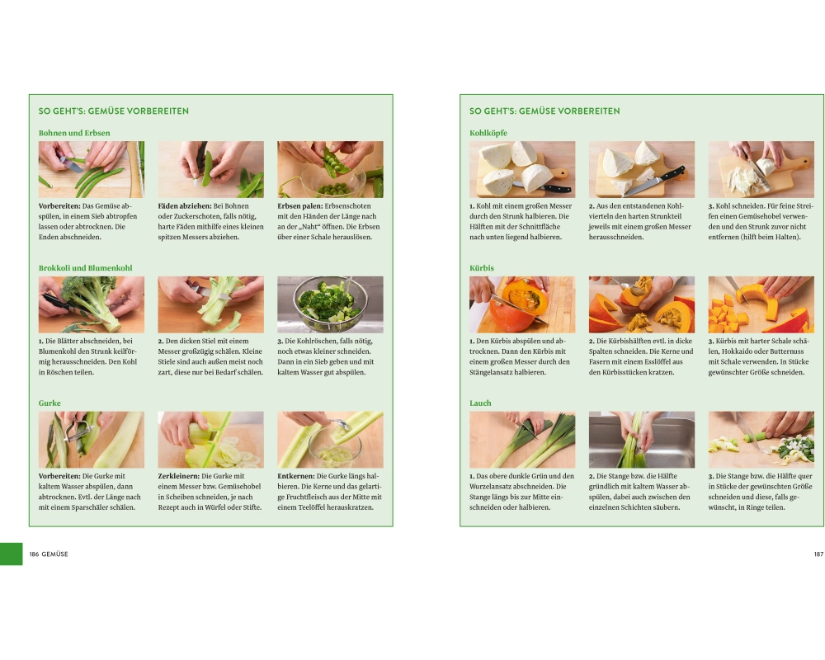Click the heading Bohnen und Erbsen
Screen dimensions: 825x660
[74, 133]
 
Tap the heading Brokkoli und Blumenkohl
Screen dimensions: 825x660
[85, 268]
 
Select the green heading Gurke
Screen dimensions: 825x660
[49, 403]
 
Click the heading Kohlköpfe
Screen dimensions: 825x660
[488, 133]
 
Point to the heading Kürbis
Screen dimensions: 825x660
[482, 268]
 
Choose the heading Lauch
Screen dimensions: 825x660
[480, 403]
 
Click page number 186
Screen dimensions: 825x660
[34, 554]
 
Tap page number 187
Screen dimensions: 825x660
[818, 554]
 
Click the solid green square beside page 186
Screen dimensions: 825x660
[11, 554]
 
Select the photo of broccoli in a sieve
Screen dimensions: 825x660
[331, 304]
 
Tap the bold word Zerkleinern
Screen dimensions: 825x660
[179, 476]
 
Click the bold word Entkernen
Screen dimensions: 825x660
[296, 476]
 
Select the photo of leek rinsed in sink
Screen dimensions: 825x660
[642, 440]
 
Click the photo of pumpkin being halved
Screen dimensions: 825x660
[522, 304]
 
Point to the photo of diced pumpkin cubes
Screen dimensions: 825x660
[761, 304]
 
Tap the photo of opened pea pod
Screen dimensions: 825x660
[331, 169]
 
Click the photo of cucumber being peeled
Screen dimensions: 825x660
[92, 440]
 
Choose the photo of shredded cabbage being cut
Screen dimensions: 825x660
[761, 169]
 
